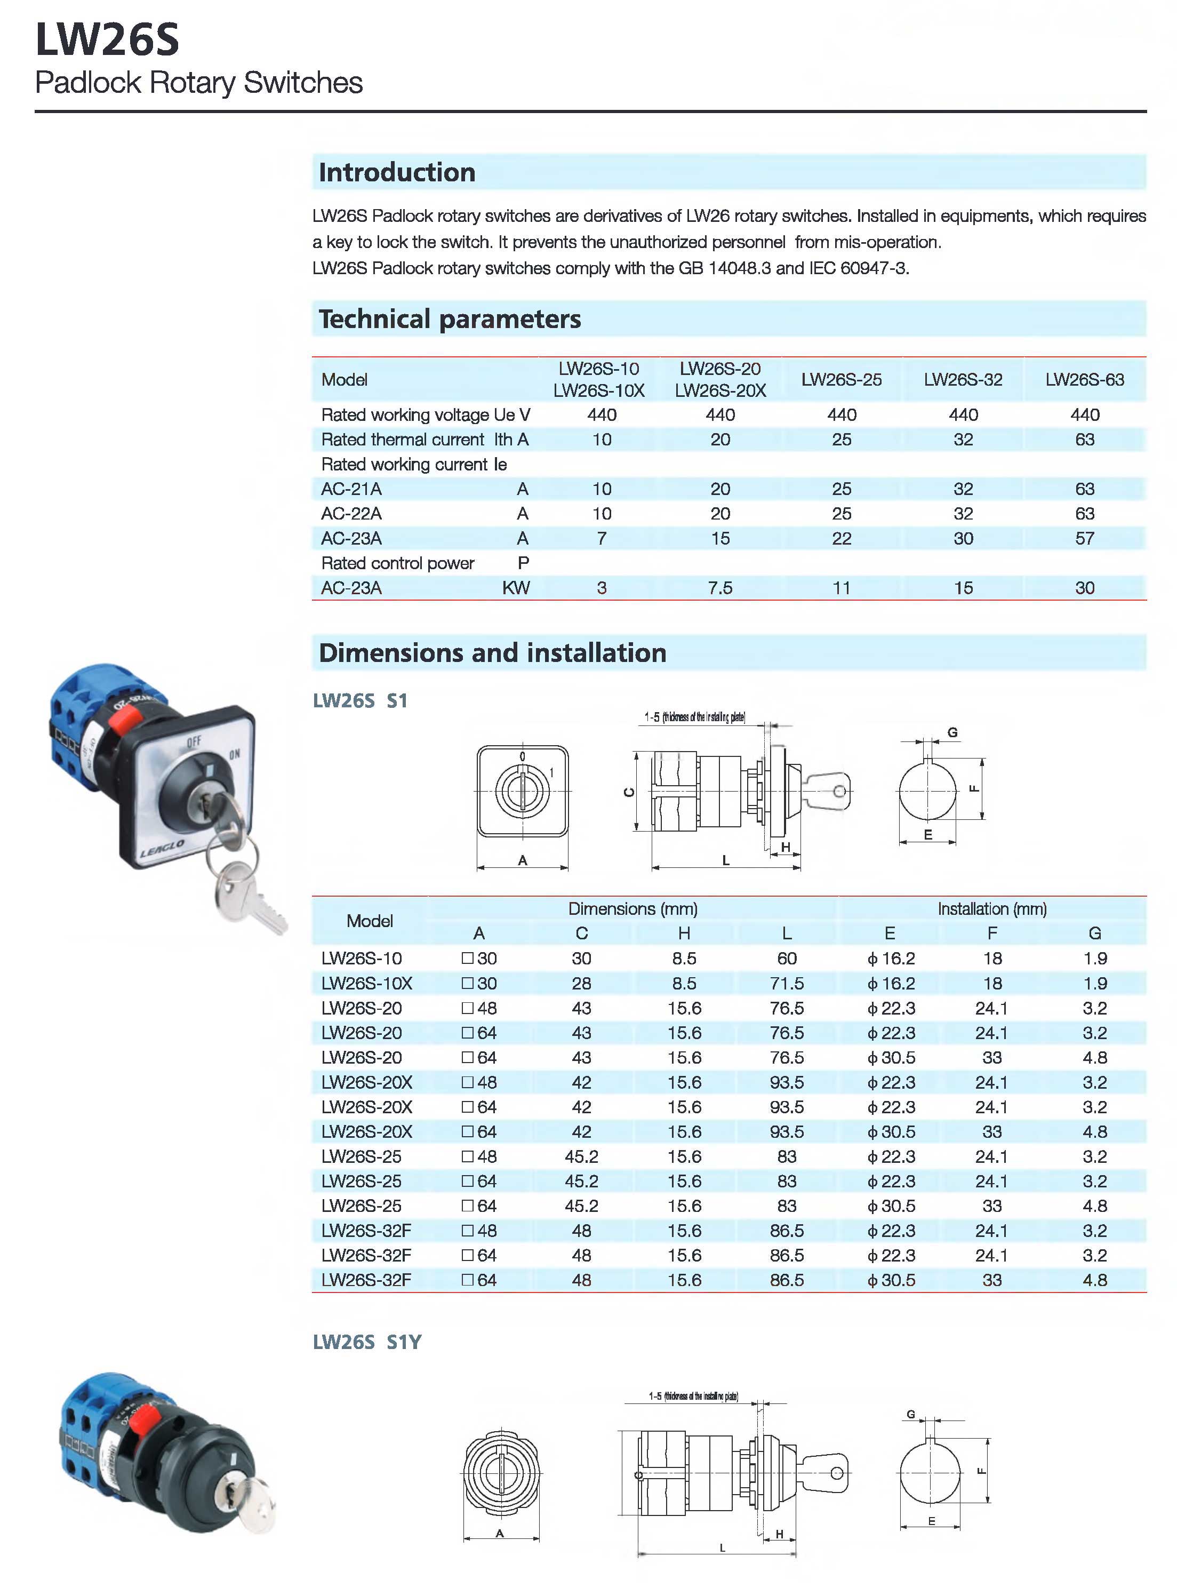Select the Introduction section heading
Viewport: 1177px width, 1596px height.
[397, 172]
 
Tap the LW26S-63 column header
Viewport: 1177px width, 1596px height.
[1084, 380]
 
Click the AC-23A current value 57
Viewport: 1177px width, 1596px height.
[1084, 539]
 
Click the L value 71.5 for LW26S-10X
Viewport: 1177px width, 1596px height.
[787, 983]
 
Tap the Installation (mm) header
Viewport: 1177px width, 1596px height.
[992, 908]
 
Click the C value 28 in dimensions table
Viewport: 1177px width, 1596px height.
[581, 983]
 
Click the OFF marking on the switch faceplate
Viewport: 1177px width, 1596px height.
[194, 741]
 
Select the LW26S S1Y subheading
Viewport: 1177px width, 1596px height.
[367, 1342]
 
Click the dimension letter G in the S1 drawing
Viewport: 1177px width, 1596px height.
[952, 732]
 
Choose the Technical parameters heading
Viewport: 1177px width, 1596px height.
[450, 319]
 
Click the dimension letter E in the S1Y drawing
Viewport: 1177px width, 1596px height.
[931, 1521]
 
